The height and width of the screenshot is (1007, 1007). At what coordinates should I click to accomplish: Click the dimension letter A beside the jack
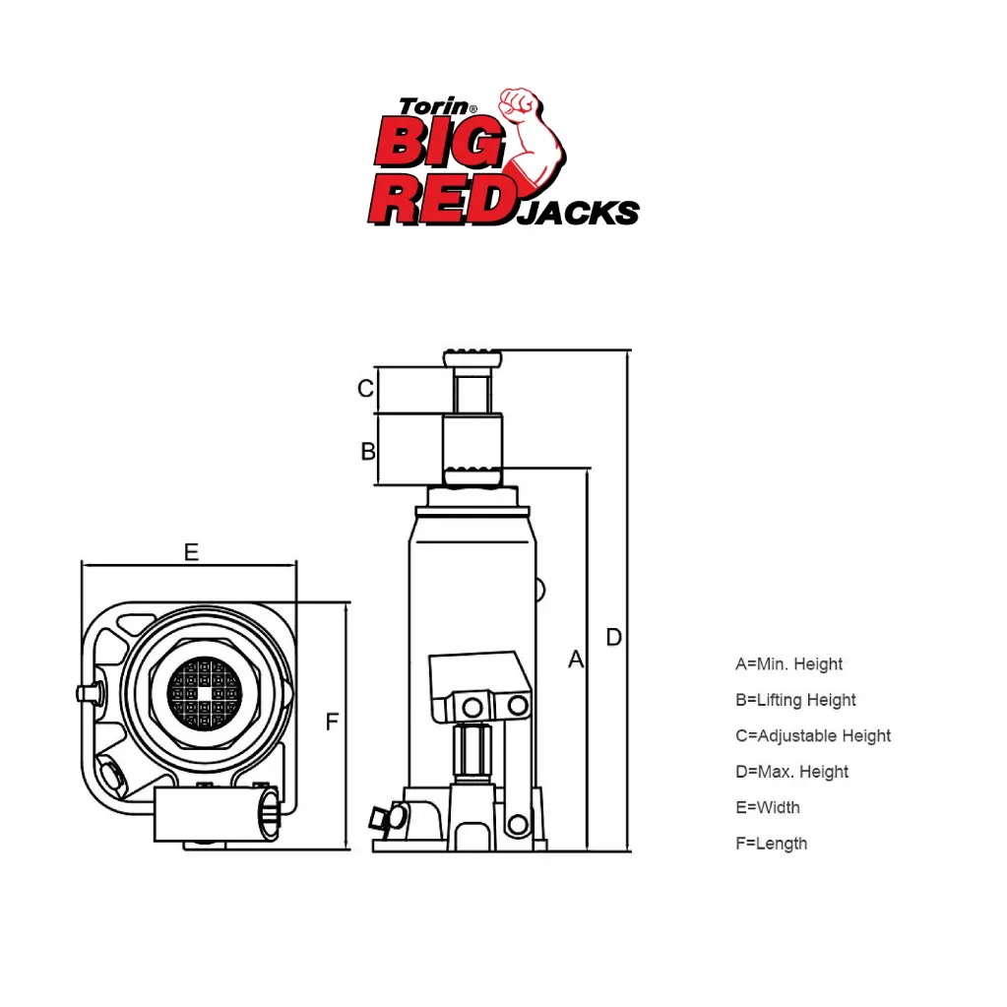pyautogui.click(x=576, y=660)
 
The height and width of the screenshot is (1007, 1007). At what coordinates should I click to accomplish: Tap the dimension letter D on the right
pyautogui.click(x=614, y=637)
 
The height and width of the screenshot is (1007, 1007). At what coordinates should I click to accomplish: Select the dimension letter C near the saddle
pyautogui.click(x=365, y=388)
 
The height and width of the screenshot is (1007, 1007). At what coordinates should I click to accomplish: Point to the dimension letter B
pyautogui.click(x=368, y=452)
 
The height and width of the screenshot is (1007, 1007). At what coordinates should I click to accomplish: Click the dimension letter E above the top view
pyautogui.click(x=191, y=551)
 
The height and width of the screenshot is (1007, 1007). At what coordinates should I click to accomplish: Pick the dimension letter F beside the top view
pyautogui.click(x=332, y=722)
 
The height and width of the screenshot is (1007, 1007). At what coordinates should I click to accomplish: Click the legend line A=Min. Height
pyautogui.click(x=788, y=664)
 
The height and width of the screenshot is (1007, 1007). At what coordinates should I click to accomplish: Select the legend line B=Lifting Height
pyautogui.click(x=795, y=700)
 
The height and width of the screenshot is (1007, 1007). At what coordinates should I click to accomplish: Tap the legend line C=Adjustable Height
pyautogui.click(x=813, y=736)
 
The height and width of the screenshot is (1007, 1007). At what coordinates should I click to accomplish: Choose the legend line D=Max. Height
pyautogui.click(x=791, y=772)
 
